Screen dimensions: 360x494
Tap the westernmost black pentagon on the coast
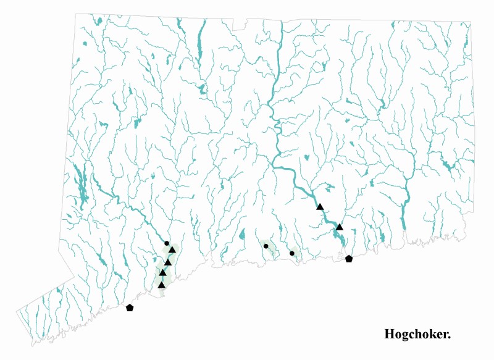[130, 308]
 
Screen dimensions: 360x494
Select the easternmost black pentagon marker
[349, 259]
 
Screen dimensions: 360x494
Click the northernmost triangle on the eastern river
[320, 206]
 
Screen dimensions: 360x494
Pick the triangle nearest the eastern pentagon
[340, 227]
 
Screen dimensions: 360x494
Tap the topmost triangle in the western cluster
[172, 249]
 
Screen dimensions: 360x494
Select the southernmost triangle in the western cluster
[161, 285]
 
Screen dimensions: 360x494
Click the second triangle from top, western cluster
[167, 262]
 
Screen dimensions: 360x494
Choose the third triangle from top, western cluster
[163, 273]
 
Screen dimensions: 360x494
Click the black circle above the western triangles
[167, 243]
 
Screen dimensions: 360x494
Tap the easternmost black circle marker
[292, 253]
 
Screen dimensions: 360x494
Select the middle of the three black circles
[266, 246]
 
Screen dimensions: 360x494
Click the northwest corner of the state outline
[77, 14]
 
